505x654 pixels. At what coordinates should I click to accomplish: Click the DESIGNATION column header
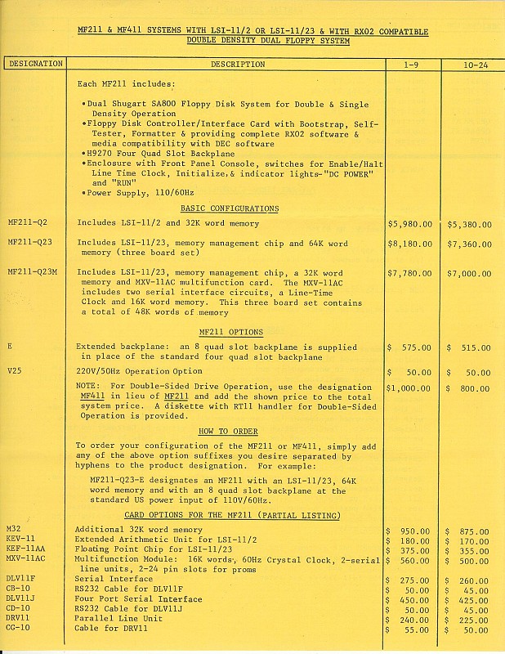pos(34,63)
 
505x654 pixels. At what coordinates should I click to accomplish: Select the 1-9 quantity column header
pos(412,63)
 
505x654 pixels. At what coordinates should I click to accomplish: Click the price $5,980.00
pos(410,223)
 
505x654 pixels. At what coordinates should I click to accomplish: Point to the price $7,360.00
pos(470,244)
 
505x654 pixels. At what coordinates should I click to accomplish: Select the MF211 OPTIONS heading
pos(231,332)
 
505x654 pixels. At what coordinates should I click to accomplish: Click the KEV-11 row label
pos(20,540)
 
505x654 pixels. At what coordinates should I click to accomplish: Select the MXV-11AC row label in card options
pos(25,559)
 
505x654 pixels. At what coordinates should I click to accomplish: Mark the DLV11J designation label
pos(21,598)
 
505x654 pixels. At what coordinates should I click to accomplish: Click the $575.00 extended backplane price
pos(410,347)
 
